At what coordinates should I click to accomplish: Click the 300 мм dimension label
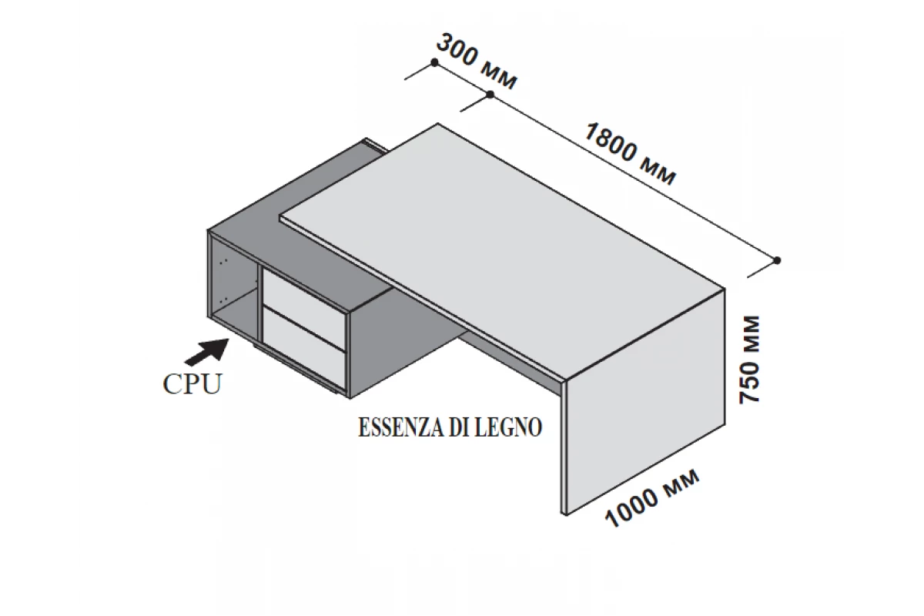click(476, 62)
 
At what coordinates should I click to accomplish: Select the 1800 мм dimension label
click(630, 154)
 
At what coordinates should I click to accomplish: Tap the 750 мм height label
click(749, 359)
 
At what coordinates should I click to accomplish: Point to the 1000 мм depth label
click(652, 497)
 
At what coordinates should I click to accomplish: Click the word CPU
click(192, 384)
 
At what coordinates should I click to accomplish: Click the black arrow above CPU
click(207, 352)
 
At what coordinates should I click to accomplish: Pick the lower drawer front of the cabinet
click(304, 349)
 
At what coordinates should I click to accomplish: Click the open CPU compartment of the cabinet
click(234, 289)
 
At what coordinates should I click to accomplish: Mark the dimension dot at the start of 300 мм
click(434, 62)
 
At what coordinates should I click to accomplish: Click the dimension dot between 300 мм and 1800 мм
click(490, 95)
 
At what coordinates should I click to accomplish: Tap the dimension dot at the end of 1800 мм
click(777, 260)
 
